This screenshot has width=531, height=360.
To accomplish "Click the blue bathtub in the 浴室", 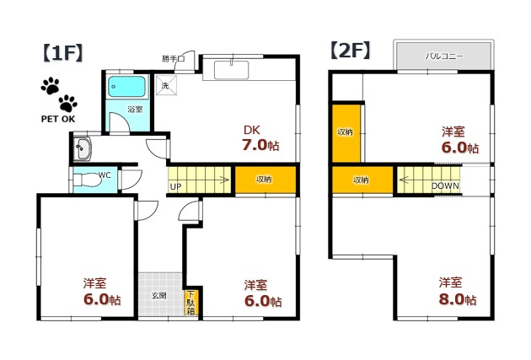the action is (127, 87).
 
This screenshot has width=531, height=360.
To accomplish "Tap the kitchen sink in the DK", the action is (232, 70).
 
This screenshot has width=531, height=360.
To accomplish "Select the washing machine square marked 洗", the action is (166, 86).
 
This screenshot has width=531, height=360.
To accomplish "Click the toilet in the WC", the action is (87, 180).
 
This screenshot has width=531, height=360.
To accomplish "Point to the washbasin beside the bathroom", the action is (83, 148).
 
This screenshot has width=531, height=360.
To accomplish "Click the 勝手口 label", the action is (173, 59).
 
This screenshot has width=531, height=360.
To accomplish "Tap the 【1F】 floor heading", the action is (62, 53).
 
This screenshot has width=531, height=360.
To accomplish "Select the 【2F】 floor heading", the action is (350, 51).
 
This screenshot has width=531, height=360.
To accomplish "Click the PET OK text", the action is (58, 119).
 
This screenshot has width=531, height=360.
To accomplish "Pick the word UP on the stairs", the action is (175, 186).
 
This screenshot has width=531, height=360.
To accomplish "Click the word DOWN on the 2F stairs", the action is (445, 186).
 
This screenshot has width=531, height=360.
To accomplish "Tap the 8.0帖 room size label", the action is (458, 299).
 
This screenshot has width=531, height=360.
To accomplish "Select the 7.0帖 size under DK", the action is (260, 145).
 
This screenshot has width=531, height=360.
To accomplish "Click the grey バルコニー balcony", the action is (443, 56).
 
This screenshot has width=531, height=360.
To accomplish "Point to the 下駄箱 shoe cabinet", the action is (191, 303).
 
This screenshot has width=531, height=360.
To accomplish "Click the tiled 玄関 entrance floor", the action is (161, 294).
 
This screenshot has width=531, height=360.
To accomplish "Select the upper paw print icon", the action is (50, 86).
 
